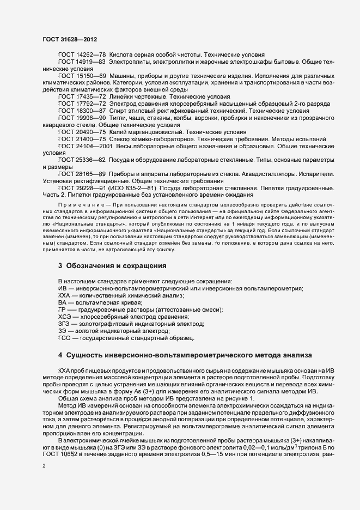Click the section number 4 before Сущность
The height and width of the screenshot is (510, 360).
click(x=60, y=356)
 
